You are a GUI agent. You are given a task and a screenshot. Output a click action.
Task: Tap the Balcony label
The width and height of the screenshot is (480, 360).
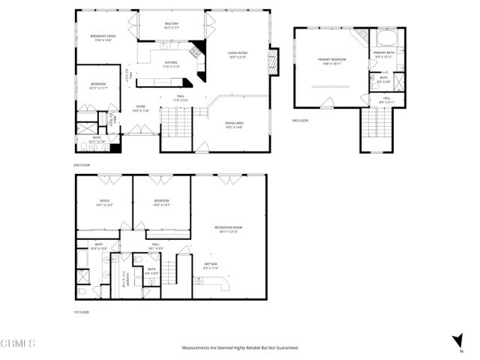[172, 24]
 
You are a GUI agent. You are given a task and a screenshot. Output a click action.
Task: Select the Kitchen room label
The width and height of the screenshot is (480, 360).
[171, 63]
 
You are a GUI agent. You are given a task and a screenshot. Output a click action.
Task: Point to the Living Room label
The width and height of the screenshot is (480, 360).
[238, 52]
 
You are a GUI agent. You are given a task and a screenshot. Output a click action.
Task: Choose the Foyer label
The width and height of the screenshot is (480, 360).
[140, 107]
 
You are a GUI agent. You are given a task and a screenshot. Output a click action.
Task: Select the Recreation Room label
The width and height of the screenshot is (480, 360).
[229, 227]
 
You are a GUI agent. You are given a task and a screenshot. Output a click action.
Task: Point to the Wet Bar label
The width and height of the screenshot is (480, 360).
[210, 264]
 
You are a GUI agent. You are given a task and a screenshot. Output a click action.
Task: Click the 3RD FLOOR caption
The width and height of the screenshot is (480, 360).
[300, 120]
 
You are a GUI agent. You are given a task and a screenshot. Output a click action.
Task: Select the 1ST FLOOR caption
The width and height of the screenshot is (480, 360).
[81, 311]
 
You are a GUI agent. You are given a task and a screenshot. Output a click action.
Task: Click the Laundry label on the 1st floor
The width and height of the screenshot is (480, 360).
[119, 277]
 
